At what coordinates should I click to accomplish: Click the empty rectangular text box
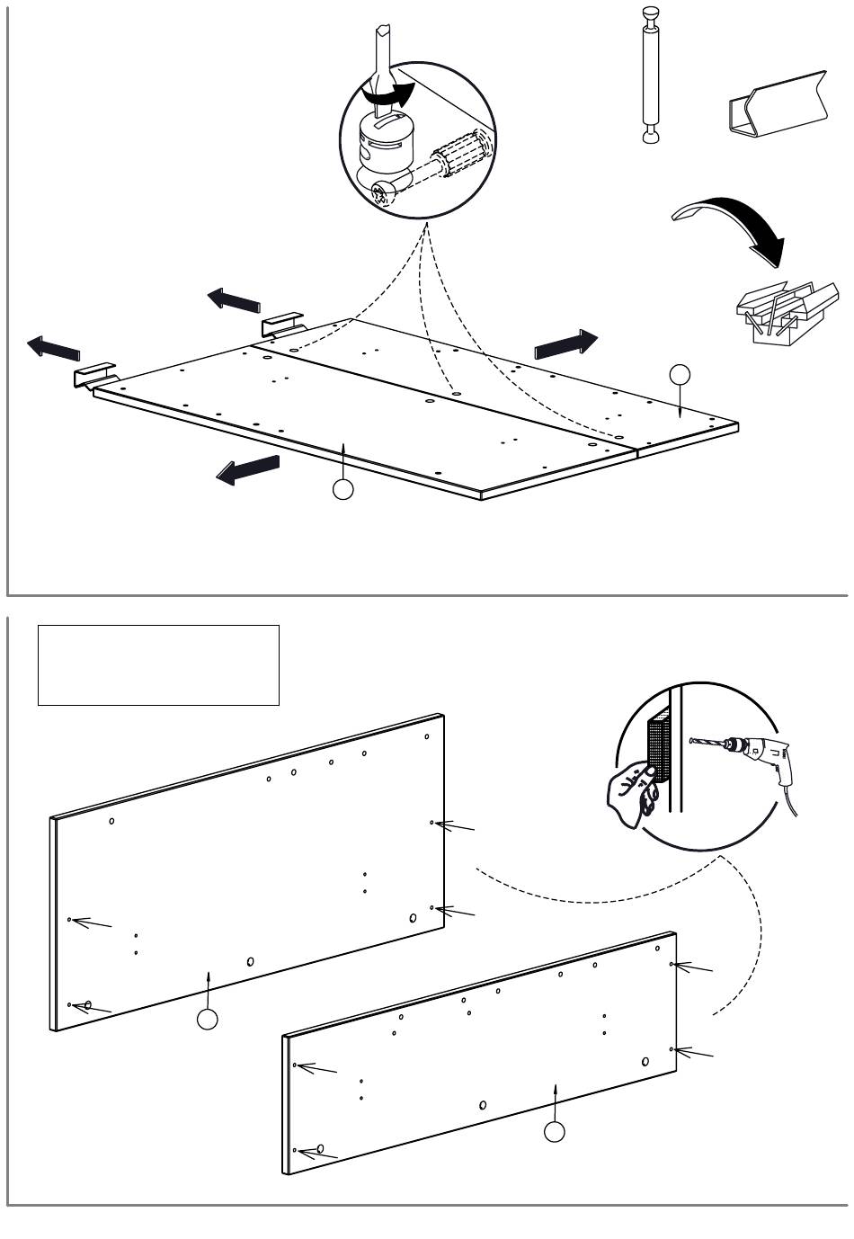(158, 665)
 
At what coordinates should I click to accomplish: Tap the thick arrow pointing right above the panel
(565, 344)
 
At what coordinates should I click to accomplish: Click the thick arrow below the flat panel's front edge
(248, 468)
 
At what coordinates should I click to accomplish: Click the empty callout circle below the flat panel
(342, 490)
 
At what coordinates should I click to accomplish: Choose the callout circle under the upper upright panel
(208, 1019)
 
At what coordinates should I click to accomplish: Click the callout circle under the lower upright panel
(555, 1132)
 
